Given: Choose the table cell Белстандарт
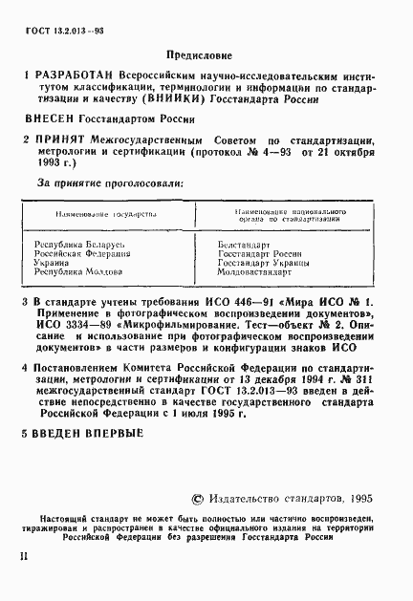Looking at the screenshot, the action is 246,246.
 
